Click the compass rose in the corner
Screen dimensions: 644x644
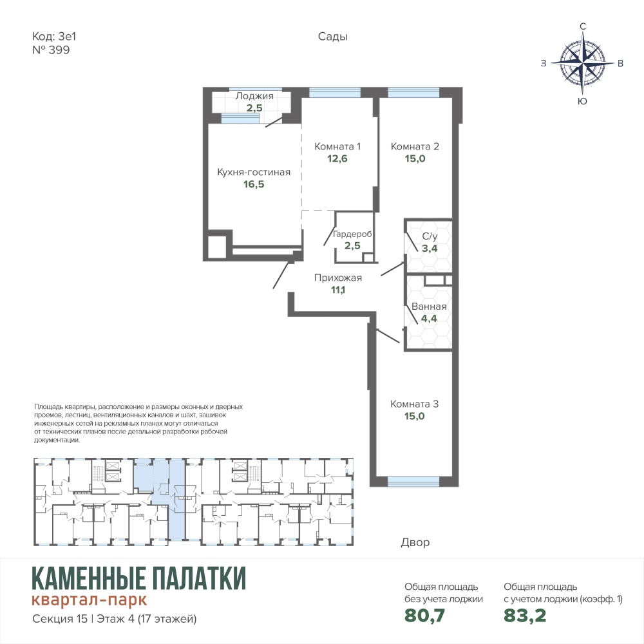(582, 63)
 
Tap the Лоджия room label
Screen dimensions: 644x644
(254, 96)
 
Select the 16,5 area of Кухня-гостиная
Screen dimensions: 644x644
(254, 184)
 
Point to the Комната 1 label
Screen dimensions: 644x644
(337, 146)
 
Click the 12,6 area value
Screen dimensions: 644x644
(337, 158)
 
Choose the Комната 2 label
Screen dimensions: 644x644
(415, 146)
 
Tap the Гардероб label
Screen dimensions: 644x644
(352, 234)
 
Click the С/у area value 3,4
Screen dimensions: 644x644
(430, 248)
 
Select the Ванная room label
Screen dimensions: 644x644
(429, 307)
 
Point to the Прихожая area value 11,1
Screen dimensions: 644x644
(338, 290)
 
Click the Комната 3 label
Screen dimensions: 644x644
(414, 404)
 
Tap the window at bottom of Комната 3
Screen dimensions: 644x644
(413, 481)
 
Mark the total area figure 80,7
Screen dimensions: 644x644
(424, 615)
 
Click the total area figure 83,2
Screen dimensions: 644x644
(525, 615)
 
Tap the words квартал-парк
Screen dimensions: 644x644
(89, 600)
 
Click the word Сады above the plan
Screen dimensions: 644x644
(333, 37)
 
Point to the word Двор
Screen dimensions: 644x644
(415, 542)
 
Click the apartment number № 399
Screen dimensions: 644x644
(51, 50)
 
